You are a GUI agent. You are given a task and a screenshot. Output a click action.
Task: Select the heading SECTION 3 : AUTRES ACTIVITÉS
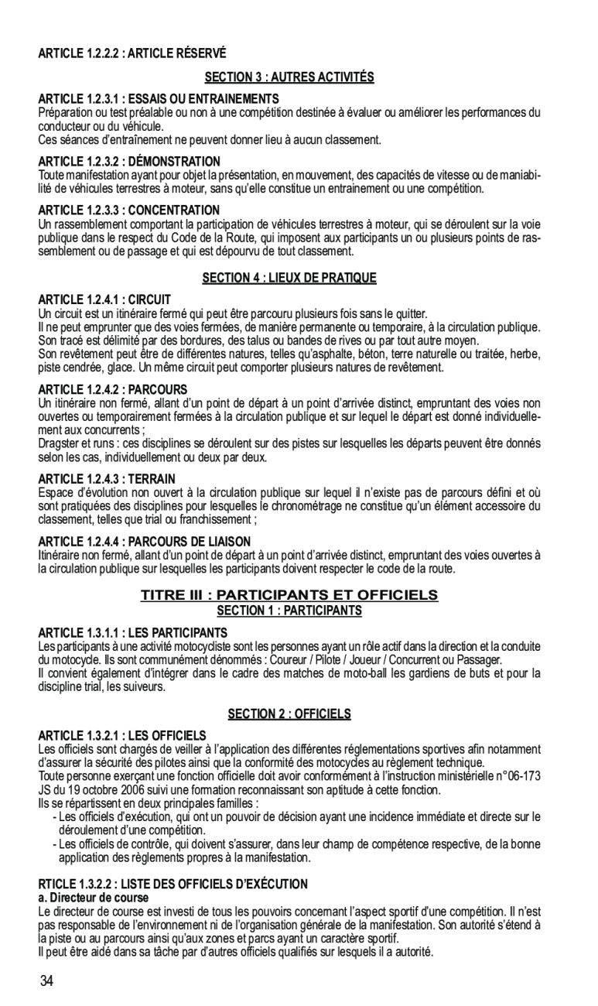tap(289, 77)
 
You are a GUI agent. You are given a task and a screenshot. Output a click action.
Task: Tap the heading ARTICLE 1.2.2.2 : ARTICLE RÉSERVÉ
tap(132, 53)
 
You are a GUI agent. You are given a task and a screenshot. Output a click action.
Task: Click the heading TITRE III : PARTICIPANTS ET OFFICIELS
tap(289, 595)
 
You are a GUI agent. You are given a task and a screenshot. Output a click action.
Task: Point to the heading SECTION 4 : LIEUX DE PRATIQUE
tap(289, 278)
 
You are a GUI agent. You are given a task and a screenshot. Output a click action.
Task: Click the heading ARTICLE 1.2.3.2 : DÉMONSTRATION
tap(129, 162)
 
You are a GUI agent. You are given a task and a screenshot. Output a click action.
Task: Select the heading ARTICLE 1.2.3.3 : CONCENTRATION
tap(129, 210)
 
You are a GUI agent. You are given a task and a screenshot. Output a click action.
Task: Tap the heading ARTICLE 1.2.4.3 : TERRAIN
tap(107, 479)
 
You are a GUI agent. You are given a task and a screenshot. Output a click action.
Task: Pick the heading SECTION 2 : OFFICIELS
tap(289, 713)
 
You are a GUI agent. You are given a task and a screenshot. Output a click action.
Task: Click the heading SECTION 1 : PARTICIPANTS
tap(289, 611)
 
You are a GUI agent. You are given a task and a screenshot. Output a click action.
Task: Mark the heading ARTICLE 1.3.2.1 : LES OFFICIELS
tap(122, 734)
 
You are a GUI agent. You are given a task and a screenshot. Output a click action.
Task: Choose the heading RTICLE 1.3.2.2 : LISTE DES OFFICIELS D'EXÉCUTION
tap(173, 884)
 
